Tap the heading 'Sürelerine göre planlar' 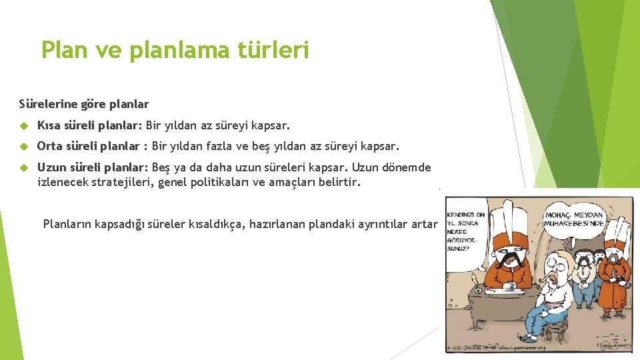pos(84,104)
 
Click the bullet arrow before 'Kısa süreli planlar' pos(23,125)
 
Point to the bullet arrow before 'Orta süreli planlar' pos(23,146)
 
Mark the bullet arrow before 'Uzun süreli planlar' pos(23,168)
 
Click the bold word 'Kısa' pos(50,125)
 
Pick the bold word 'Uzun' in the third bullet pos(51,167)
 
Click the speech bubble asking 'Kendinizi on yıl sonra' pos(466,230)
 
